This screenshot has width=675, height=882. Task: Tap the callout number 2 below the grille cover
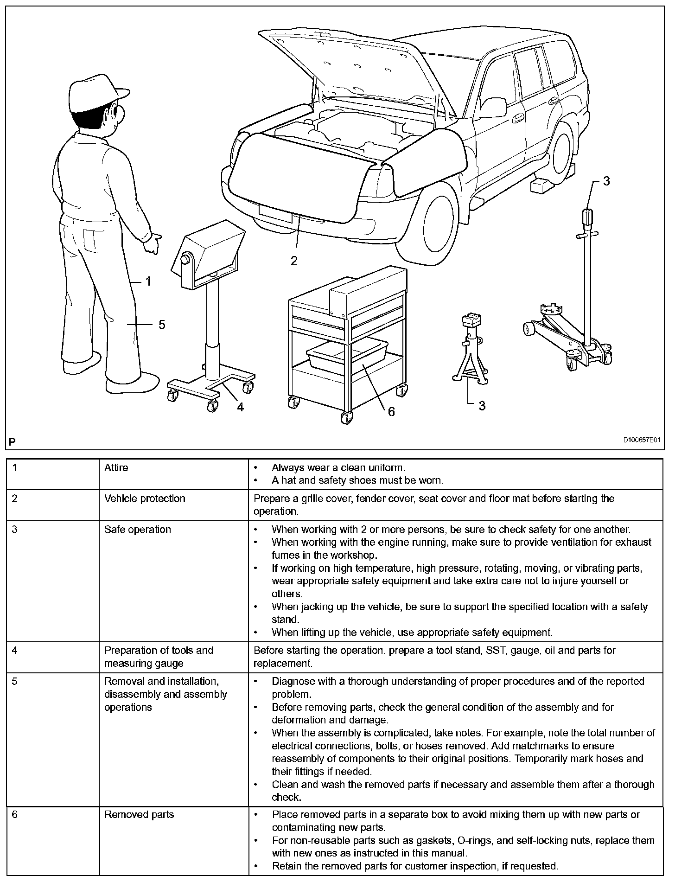[294, 261]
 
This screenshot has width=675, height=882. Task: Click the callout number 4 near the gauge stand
[240, 407]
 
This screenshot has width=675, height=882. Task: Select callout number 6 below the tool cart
[391, 411]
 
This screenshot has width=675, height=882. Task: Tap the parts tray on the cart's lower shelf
[347, 354]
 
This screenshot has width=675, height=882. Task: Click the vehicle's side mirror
[494, 108]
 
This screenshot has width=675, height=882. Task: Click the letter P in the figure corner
[12, 441]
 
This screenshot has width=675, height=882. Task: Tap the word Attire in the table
[116, 467]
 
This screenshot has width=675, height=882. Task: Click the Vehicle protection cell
[145, 499]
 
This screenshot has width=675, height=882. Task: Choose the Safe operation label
[138, 530]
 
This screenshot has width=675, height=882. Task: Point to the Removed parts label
[139, 815]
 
